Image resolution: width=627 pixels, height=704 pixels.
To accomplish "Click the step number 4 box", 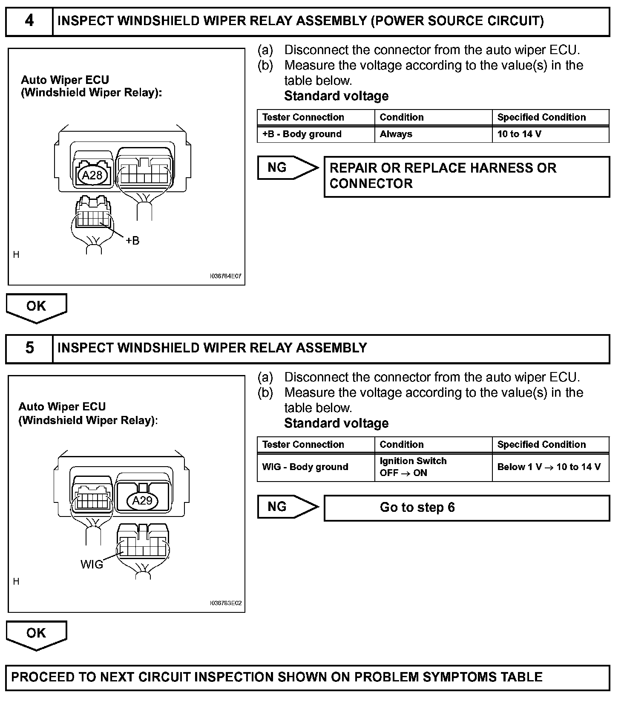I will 29,21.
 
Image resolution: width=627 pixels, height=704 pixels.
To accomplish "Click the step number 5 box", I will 29,348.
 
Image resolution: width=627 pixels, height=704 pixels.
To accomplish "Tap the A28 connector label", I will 92,175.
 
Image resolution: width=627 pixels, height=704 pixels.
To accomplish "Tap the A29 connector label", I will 142,500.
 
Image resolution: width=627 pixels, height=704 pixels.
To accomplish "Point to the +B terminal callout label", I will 132,241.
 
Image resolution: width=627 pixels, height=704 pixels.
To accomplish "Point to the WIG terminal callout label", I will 92,565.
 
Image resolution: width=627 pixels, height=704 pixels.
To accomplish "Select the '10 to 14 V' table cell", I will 550,134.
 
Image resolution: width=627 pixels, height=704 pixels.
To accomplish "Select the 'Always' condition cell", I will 433,134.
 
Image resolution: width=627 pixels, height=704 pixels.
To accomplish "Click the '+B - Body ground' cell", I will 316,134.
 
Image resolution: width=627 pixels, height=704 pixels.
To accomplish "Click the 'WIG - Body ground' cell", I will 316,467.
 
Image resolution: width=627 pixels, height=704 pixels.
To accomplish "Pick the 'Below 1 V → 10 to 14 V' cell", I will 550,467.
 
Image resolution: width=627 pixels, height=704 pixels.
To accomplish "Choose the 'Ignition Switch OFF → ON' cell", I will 433,467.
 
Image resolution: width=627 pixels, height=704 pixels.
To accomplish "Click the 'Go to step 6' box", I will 466,508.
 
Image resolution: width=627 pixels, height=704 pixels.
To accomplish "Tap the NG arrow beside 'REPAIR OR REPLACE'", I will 287,168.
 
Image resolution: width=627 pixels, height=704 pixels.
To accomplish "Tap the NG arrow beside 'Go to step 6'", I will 287,507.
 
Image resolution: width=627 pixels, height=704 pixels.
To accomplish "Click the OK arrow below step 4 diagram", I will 36,307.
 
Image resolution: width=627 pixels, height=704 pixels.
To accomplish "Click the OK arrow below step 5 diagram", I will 36,634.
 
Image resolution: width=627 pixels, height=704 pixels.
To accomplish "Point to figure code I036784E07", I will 225,276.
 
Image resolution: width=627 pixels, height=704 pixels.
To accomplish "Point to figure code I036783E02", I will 225,603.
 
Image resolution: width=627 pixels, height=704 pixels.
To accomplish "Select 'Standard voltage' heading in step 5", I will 336,423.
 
